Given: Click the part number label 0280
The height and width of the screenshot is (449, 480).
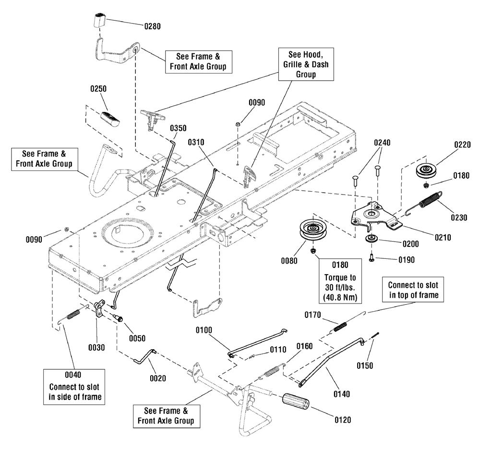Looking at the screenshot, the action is (153, 26).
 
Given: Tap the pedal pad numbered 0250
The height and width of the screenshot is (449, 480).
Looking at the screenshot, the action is (110, 118).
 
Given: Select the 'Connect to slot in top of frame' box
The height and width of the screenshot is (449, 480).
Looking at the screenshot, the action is (413, 290).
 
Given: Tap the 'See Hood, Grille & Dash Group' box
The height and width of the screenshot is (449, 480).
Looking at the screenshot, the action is (306, 64).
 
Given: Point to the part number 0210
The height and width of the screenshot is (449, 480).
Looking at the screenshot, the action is (443, 237).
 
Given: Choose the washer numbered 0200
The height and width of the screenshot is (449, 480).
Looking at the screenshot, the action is (372, 238).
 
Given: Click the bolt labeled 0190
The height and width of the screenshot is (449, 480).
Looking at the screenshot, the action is (372, 257).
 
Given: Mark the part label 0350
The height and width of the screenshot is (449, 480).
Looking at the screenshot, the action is (178, 128).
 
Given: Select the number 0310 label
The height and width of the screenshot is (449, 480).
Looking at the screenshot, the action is (196, 142).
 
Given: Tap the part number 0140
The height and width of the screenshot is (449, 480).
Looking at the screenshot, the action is (342, 394).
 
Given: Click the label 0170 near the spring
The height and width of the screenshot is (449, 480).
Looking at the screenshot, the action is (312, 315).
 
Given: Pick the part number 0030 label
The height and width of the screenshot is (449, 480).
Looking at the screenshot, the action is (96, 348).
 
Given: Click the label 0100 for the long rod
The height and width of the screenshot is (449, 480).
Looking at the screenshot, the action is (204, 330).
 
